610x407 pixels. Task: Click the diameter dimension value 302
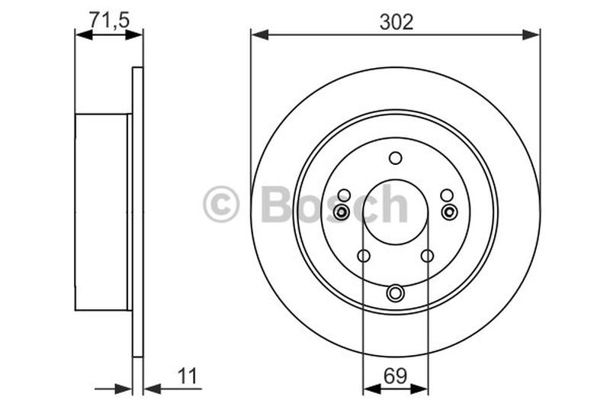(x=396, y=22)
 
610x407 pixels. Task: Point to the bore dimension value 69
(x=395, y=376)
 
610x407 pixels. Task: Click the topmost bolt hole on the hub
(x=395, y=158)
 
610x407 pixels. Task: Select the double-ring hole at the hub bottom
(x=395, y=292)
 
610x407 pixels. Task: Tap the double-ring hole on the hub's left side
(x=341, y=212)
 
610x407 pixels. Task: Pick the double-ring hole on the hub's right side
(x=449, y=212)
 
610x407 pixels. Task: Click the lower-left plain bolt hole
(x=363, y=256)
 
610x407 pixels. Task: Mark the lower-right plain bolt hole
(x=427, y=256)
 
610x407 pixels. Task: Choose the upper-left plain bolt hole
(x=344, y=195)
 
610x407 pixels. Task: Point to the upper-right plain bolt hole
(x=447, y=195)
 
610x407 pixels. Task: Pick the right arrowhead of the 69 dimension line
(x=420, y=389)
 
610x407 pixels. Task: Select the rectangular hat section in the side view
(x=101, y=212)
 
